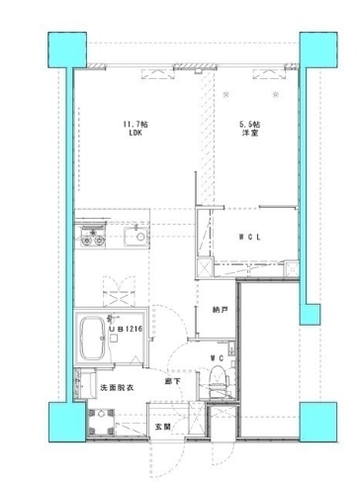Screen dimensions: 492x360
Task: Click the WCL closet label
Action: click(251, 238)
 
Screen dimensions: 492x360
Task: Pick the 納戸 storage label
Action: click(220, 310)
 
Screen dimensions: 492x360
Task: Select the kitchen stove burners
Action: click(92, 240)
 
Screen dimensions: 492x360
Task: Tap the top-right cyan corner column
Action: click(309, 47)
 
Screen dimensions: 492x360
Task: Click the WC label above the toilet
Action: click(219, 357)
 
